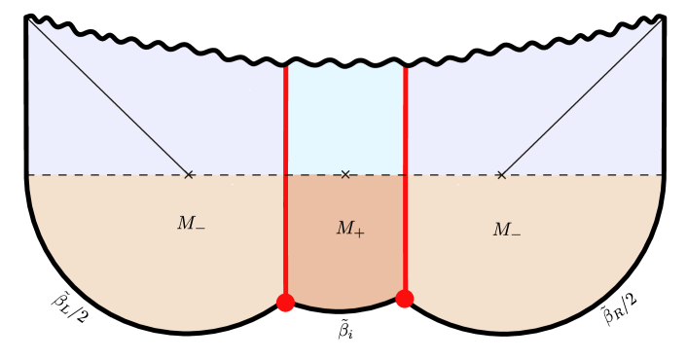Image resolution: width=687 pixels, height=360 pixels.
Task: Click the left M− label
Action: point(191,224)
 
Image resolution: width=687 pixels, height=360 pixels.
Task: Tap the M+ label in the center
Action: point(350,230)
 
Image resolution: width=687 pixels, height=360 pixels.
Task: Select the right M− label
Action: point(506,231)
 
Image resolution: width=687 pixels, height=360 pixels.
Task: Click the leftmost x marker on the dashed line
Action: point(189,175)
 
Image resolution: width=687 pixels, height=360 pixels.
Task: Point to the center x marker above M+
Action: point(345,175)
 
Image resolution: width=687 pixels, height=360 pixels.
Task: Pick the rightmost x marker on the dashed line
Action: point(501,175)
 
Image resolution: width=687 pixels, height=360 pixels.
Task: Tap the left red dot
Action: point(285,303)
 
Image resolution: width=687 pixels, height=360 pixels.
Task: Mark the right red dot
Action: point(405,299)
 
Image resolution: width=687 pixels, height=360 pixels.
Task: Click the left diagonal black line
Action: point(109,97)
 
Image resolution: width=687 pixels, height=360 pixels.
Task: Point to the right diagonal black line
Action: point(581,97)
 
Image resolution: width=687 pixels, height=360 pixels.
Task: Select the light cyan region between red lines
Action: point(345,117)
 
